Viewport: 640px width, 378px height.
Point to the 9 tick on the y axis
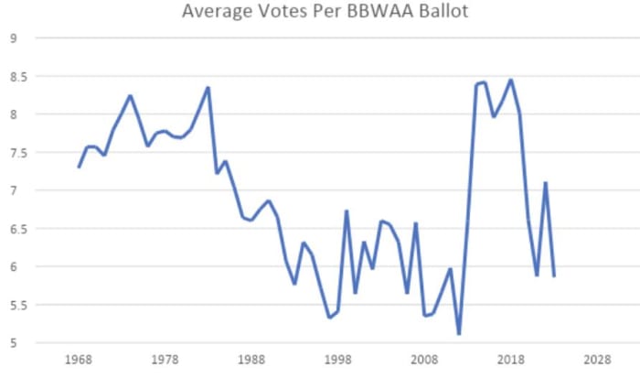click(13, 38)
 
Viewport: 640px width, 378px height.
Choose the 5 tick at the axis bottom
click(13, 343)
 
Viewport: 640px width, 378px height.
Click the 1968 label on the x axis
click(79, 359)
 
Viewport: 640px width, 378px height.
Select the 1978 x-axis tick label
click(165, 359)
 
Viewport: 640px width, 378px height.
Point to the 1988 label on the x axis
click(251, 359)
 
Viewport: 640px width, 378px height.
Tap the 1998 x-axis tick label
click(337, 359)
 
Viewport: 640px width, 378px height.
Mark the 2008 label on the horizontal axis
click(424, 359)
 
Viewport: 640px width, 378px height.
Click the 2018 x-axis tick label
click(510, 359)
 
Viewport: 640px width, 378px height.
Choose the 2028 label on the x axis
click(597, 359)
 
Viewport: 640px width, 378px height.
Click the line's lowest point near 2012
click(459, 334)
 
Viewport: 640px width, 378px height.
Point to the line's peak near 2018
click(511, 80)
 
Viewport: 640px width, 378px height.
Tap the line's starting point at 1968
click(79, 167)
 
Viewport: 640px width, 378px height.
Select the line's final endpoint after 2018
click(554, 275)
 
